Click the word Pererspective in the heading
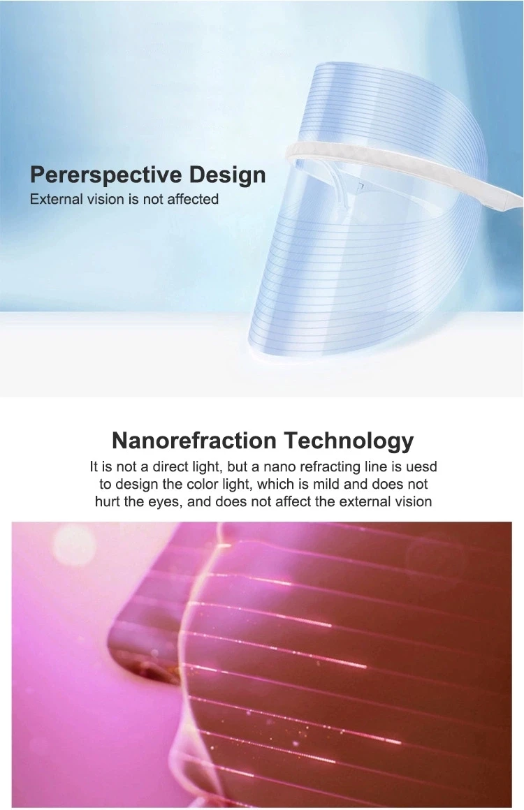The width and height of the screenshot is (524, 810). click(x=106, y=176)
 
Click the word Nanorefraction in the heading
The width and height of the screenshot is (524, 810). click(x=194, y=440)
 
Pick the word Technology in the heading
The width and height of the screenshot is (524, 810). click(x=349, y=441)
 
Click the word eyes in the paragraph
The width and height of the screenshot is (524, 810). click(x=166, y=502)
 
